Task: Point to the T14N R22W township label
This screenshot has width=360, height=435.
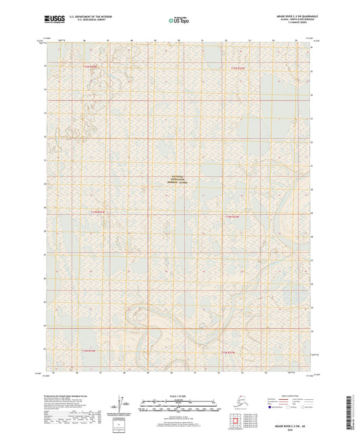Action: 232,217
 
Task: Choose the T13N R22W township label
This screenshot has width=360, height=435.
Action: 228,352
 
